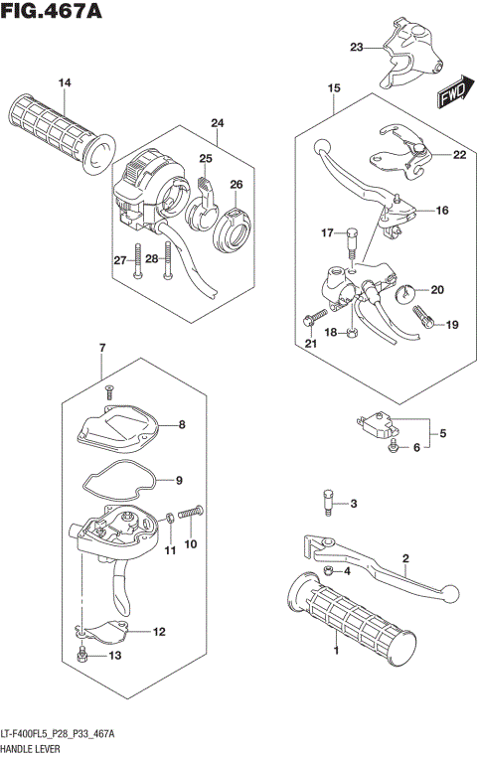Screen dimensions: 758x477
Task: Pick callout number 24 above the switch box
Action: [x=217, y=123]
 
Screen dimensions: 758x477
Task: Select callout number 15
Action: [x=333, y=89]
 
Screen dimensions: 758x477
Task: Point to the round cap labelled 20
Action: [x=405, y=293]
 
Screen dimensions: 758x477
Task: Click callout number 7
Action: [x=101, y=347]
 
